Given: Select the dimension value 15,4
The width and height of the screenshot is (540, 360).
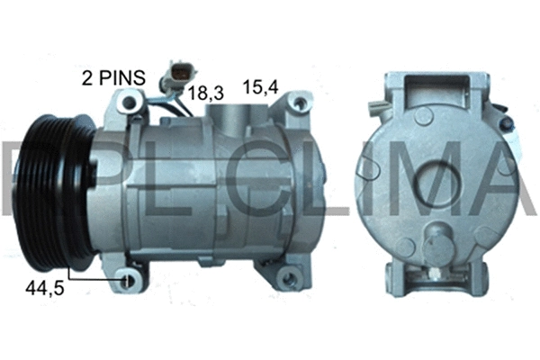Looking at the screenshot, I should tap(261, 88).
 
